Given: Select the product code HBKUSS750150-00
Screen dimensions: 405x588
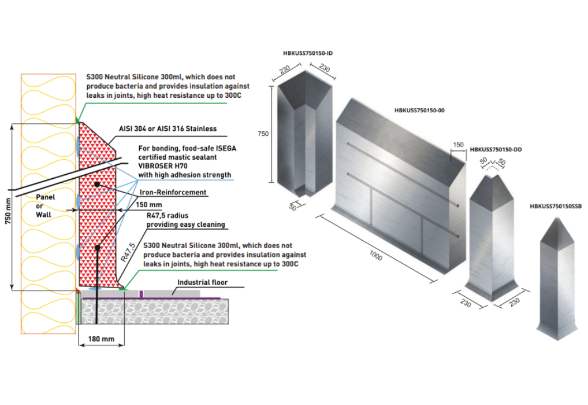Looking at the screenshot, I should click(x=419, y=109).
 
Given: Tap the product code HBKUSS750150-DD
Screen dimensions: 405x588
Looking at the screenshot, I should click(x=496, y=149).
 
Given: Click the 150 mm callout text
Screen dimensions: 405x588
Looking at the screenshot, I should click(x=148, y=205).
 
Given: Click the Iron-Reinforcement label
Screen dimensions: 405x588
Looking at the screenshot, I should click(x=173, y=192).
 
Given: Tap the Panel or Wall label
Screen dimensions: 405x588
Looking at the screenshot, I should click(x=46, y=205).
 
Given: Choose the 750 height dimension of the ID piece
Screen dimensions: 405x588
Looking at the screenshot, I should click(x=263, y=134).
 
